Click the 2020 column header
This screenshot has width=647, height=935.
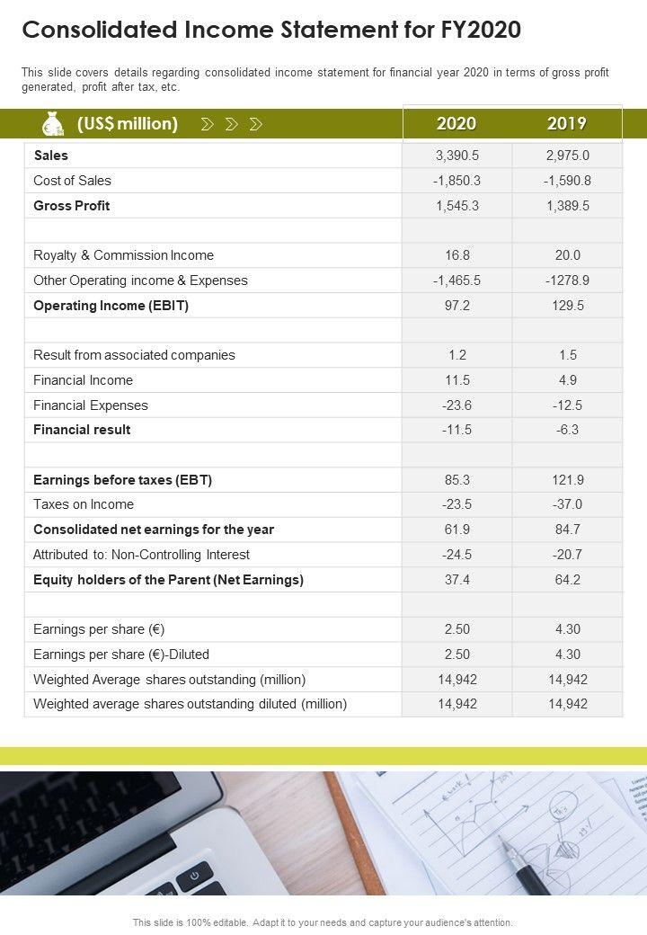(456, 124)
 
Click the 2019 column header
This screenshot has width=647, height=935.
(567, 124)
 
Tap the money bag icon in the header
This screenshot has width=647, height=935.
(53, 124)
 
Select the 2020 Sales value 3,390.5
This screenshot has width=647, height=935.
(456, 156)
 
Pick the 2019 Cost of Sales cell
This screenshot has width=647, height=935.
(567, 181)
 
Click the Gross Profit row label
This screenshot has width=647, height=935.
(72, 206)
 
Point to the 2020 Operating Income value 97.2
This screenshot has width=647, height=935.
(456, 306)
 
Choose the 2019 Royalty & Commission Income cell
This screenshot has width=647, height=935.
(567, 255)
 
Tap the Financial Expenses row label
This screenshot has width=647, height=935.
(91, 405)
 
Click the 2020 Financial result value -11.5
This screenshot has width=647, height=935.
(456, 430)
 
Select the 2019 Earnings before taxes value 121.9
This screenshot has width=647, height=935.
(567, 480)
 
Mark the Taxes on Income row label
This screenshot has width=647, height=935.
(84, 504)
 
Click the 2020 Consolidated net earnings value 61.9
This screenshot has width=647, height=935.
(456, 530)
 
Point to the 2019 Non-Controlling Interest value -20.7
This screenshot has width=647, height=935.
(567, 555)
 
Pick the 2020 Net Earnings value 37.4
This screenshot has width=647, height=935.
(456, 580)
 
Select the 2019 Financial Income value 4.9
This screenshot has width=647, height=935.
(567, 380)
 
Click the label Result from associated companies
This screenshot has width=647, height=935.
(134, 355)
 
